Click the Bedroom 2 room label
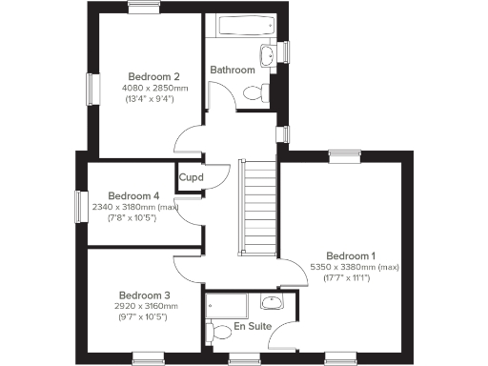pos(154,75)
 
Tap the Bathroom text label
pos(233,70)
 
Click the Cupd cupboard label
pos(192,176)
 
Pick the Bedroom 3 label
pos(144,295)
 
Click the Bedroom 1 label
pos(351,255)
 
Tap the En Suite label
pos(253,327)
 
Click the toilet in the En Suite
pos(211,332)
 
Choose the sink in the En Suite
pos(273,303)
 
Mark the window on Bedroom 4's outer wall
pos(81,206)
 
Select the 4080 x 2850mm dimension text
pos(155,87)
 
